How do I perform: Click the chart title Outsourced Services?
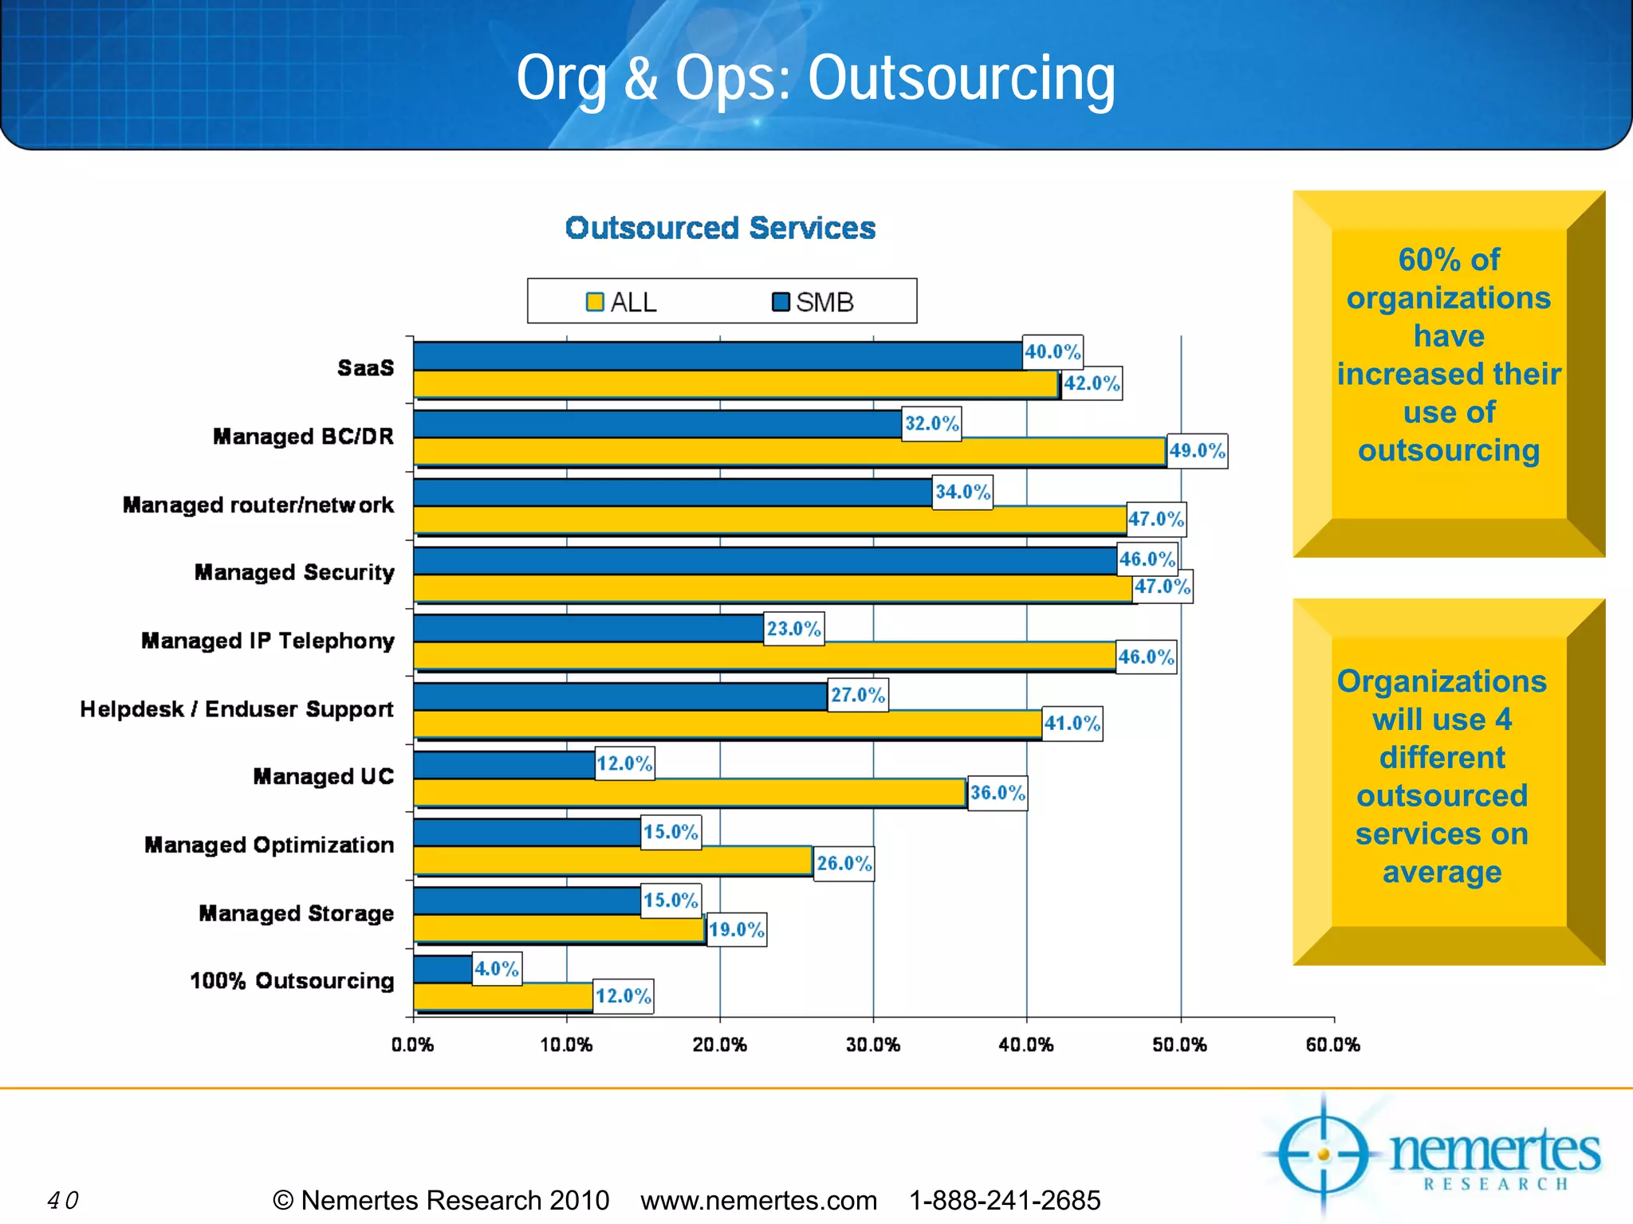click(720, 228)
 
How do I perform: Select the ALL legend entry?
click(622, 302)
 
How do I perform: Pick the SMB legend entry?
click(813, 302)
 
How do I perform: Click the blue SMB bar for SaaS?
click(718, 355)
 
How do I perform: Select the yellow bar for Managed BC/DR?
click(789, 452)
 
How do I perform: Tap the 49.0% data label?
click(1197, 451)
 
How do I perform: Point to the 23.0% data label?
click(793, 629)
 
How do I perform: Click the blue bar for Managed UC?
click(504, 765)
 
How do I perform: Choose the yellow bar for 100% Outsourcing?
click(503, 996)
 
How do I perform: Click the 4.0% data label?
click(497, 969)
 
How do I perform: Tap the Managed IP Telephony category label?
click(268, 641)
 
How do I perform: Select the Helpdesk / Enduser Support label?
click(237, 709)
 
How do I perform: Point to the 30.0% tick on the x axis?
click(873, 1045)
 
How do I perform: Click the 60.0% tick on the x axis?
click(1332, 1045)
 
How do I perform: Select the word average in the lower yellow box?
click(1442, 872)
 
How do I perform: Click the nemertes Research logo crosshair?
click(1324, 1154)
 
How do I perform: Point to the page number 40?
click(63, 1200)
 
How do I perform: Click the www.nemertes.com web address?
click(758, 1200)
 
